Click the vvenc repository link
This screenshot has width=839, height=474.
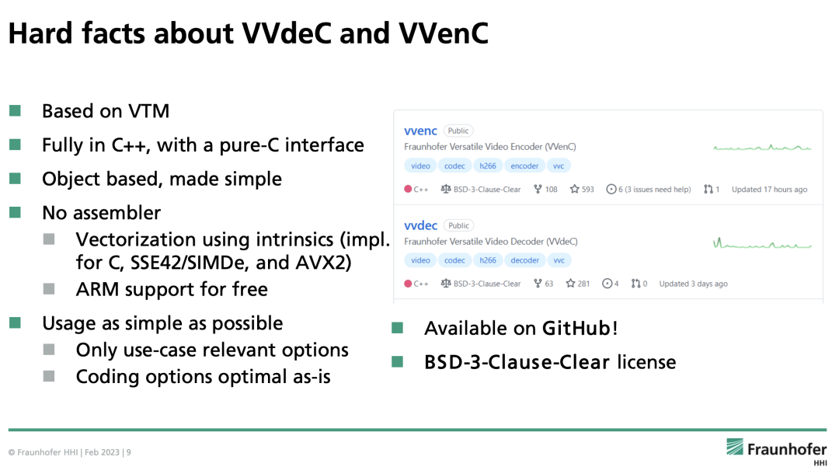(x=420, y=131)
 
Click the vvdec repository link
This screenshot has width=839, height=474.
(x=420, y=225)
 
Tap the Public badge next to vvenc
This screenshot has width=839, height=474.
(x=458, y=131)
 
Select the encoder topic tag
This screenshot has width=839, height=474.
(x=524, y=166)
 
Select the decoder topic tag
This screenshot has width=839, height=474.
(x=524, y=260)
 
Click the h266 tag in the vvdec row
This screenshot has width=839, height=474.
(x=487, y=260)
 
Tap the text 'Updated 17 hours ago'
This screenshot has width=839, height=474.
(x=769, y=190)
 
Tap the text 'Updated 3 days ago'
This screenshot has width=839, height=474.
(x=694, y=284)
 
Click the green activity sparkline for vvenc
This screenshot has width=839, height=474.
(x=763, y=148)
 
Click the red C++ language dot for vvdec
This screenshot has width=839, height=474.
(x=408, y=284)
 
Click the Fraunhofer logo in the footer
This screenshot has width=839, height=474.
(x=776, y=451)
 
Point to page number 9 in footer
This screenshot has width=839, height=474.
(x=128, y=452)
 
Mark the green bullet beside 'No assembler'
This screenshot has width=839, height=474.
(x=15, y=212)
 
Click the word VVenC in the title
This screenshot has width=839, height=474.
(x=444, y=33)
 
